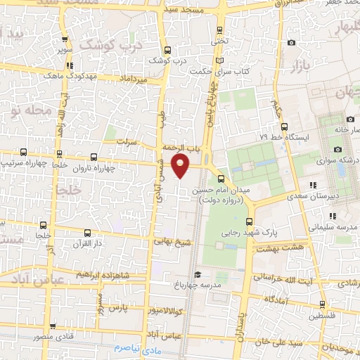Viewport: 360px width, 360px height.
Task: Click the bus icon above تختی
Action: point(221,30)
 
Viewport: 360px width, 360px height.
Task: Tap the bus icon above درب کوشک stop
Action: point(167,50)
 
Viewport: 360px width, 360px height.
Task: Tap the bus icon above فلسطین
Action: point(322,304)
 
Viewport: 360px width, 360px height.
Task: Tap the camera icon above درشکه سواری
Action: point(338,149)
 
